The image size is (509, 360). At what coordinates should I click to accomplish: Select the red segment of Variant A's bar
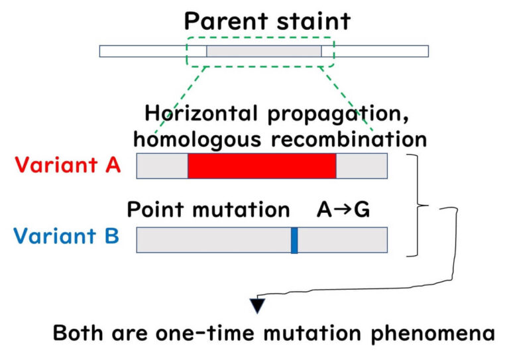(x=262, y=166)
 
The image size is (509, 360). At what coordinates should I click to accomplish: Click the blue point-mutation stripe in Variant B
(x=294, y=239)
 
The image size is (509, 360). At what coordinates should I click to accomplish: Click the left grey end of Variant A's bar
(x=162, y=166)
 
